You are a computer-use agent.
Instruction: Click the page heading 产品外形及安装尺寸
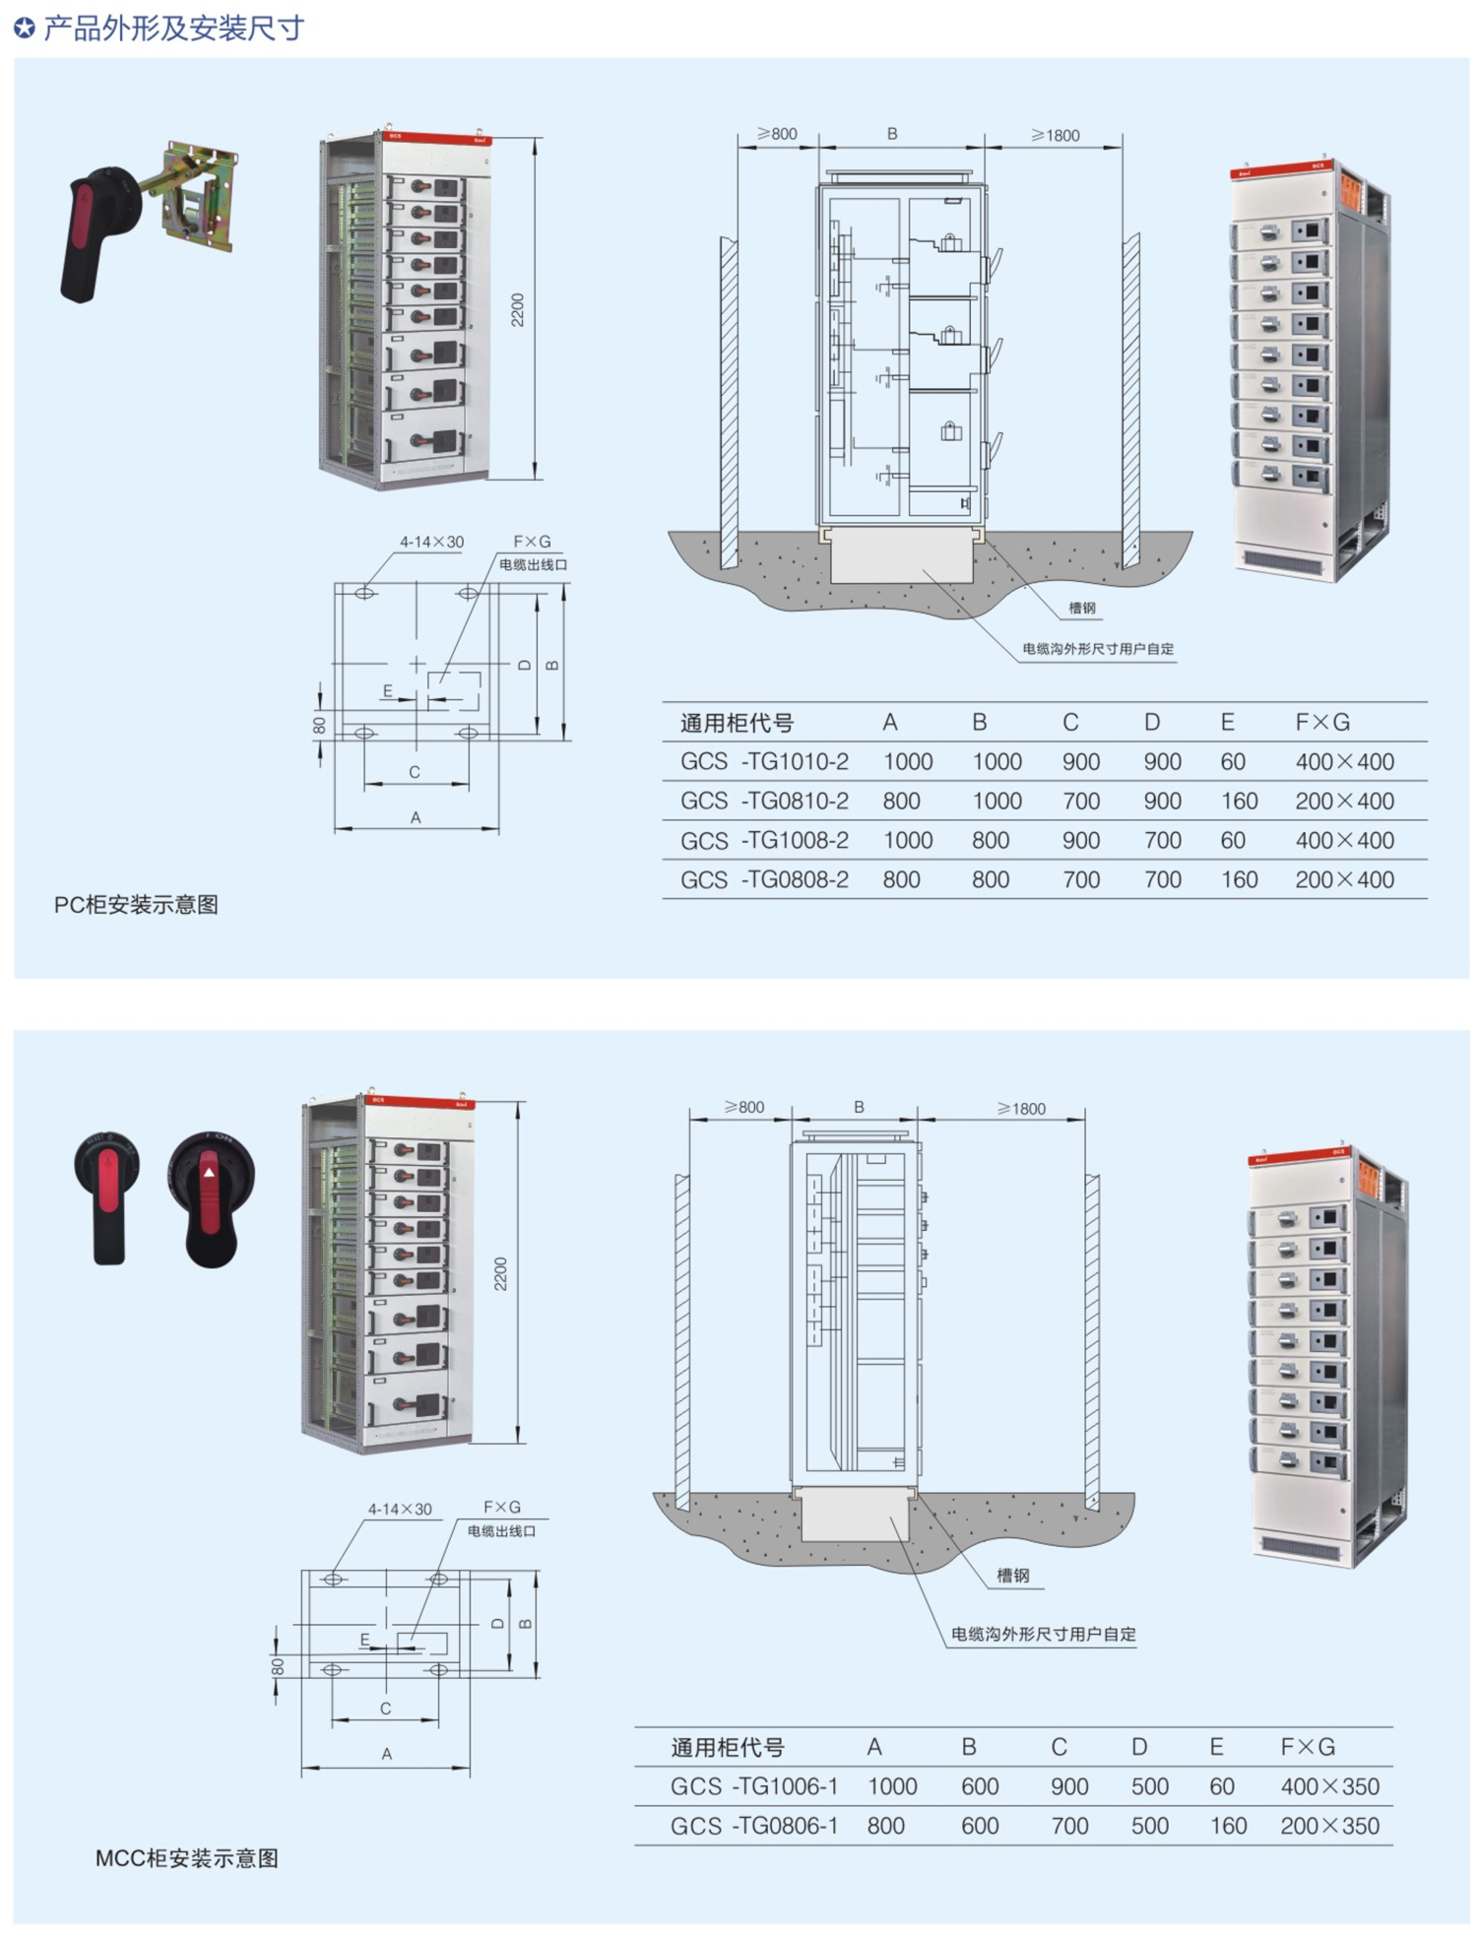(x=172, y=29)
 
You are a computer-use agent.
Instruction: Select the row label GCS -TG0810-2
(x=764, y=801)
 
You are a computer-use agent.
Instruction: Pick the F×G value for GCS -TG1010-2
(x=1344, y=761)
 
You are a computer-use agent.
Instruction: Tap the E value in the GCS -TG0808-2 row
(x=1239, y=879)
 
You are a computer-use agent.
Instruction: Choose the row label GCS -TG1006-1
(x=754, y=1786)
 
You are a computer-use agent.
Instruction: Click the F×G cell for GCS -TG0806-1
(x=1329, y=1826)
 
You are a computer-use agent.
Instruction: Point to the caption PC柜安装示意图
(x=136, y=905)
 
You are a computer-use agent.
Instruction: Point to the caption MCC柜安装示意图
(x=187, y=1858)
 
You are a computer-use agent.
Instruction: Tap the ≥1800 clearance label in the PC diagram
(x=1055, y=135)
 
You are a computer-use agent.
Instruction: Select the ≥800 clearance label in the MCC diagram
(x=743, y=1107)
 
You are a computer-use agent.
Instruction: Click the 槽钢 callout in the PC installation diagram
(x=1082, y=609)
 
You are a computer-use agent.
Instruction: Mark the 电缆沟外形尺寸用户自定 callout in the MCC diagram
(x=1043, y=1634)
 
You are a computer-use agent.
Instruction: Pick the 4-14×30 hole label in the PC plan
(x=431, y=542)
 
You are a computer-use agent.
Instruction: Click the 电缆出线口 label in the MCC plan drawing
(x=501, y=1531)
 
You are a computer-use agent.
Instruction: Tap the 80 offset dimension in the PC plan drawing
(x=319, y=726)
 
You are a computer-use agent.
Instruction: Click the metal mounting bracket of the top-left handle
(x=202, y=197)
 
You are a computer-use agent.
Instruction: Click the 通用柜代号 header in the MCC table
(x=728, y=1748)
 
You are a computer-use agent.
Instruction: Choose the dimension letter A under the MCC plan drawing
(x=387, y=1754)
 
